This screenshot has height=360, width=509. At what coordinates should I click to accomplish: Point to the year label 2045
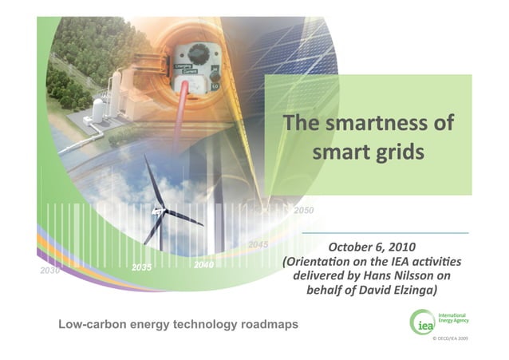[258, 244]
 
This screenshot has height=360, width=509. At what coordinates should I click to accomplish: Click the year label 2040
[203, 263]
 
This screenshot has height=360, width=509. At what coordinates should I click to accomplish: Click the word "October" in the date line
[352, 246]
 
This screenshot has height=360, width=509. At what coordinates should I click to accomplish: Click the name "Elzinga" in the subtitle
[409, 291]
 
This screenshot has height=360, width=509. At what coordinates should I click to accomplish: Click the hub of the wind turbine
[158, 211]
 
